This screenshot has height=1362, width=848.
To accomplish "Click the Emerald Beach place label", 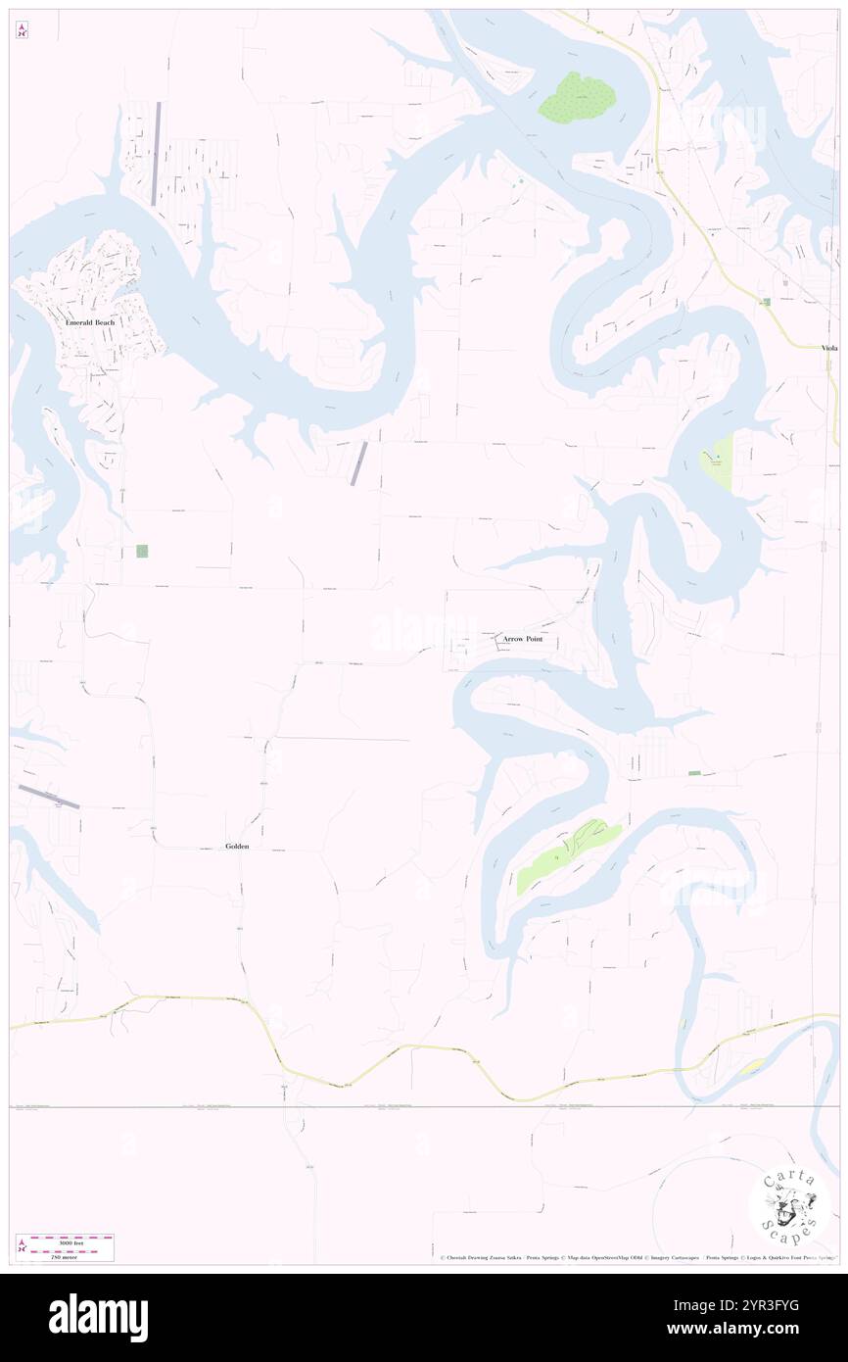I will (90, 322).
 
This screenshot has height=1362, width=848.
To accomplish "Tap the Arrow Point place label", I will (521, 639).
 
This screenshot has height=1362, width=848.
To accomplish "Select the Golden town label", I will (237, 846).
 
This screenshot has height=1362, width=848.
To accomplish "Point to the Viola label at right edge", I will (829, 348).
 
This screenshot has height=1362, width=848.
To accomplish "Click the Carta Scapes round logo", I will (789, 1207).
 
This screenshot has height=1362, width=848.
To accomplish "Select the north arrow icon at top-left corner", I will (22, 31).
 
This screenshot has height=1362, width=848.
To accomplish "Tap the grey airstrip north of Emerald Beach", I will (157, 153).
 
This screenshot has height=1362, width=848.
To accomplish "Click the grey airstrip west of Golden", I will (48, 797).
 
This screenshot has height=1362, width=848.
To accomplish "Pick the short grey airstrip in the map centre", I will (359, 463).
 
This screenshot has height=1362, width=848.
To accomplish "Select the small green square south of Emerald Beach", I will (142, 552).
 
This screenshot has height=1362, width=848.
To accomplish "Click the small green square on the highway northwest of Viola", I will (766, 302).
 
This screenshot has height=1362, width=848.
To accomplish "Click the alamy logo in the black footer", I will (98, 1317).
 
